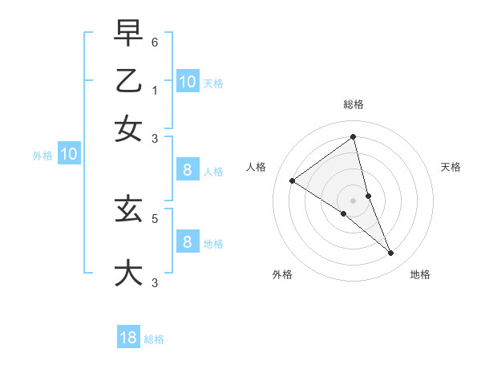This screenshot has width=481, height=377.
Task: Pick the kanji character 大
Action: coord(128,273)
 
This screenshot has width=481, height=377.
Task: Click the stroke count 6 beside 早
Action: coord(155,42)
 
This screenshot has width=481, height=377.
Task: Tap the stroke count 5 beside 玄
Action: coord(155,217)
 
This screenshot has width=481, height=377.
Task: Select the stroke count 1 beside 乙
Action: coord(155,90)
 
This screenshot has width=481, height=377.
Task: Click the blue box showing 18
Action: coord(128,338)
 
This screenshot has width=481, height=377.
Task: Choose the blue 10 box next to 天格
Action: coord(187,82)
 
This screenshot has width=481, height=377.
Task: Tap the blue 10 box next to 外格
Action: coord(68,155)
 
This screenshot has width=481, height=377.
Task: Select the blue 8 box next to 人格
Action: coord(187,170)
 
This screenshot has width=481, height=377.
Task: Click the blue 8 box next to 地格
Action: coord(187,242)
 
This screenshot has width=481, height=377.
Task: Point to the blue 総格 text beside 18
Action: coord(154,339)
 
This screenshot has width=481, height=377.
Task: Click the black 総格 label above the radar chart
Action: coord(353,104)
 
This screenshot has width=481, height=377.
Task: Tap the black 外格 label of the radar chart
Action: coord(282,274)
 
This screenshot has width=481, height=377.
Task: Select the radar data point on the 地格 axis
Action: coord(390,253)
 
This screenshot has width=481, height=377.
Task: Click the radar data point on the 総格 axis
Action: coord(353,137)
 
